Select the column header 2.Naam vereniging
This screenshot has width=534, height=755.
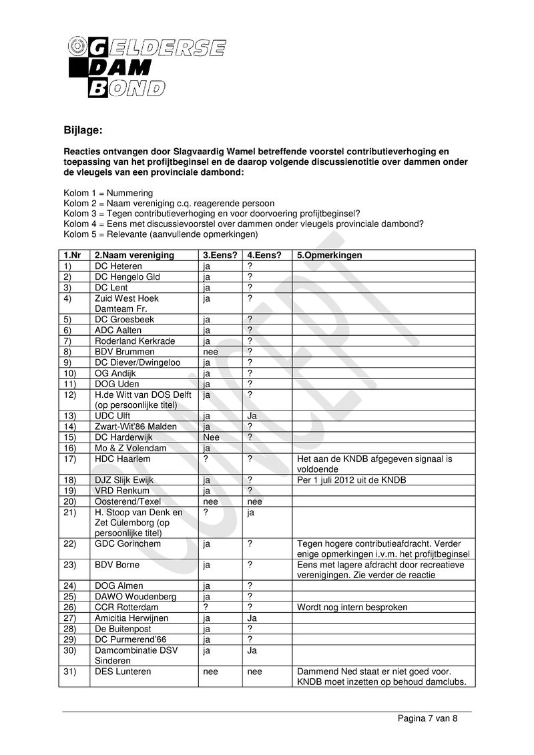pyautogui.click(x=134, y=255)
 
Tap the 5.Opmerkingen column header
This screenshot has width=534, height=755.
pyautogui.click(x=330, y=255)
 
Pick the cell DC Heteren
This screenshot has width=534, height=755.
pyautogui.click(x=118, y=266)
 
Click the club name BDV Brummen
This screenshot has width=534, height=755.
pyautogui.click(x=125, y=352)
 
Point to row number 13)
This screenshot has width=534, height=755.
pyautogui.click(x=71, y=416)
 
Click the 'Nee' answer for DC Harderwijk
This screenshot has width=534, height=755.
pyautogui.click(x=211, y=437)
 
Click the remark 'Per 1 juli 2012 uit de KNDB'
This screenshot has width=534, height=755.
pyautogui.click(x=351, y=480)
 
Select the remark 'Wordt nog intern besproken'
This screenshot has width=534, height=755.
pyautogui.click(x=352, y=607)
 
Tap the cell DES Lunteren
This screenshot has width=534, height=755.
pyautogui.click(x=123, y=672)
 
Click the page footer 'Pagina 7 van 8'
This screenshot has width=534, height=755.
pyautogui.click(x=427, y=719)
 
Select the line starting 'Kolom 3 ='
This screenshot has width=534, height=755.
pyautogui.click(x=212, y=214)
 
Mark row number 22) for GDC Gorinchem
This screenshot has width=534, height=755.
pyautogui.click(x=71, y=544)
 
